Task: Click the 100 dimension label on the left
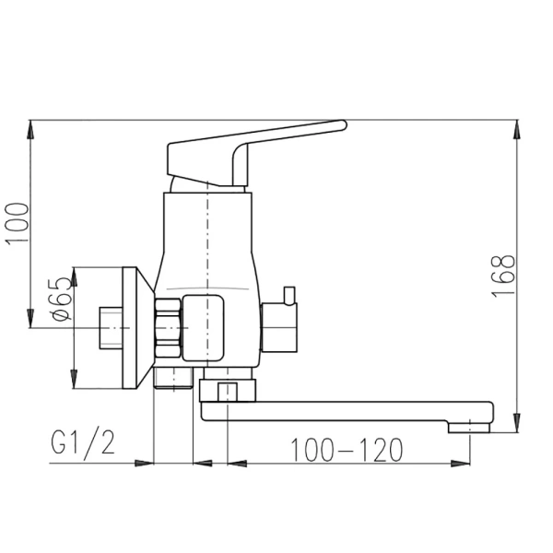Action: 20,223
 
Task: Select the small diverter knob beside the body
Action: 281,323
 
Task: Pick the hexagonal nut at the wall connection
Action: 169,328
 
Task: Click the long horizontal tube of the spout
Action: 350,406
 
